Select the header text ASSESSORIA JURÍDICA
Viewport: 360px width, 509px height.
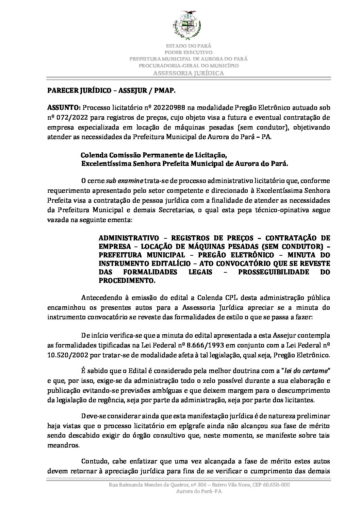pos(189,73)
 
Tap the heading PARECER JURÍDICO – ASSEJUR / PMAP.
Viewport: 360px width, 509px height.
pos(112,91)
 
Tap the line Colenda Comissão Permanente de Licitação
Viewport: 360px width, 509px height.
pos(153,155)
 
